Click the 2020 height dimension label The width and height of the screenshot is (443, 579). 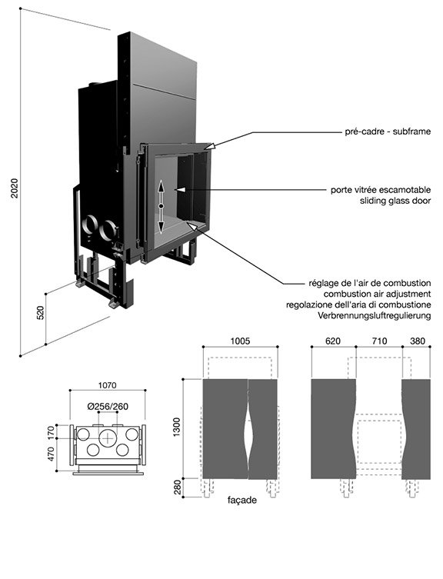coord(15,188)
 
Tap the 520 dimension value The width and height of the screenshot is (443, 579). coord(40,313)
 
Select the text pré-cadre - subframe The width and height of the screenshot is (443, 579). coord(388,131)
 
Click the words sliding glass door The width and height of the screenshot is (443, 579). coord(395,201)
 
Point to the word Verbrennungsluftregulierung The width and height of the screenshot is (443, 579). coord(375,315)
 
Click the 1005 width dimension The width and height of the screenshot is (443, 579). coord(240,341)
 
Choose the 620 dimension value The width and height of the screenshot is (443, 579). coord(333,341)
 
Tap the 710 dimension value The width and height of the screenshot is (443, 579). coord(379,341)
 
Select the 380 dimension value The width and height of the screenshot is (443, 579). coord(418,341)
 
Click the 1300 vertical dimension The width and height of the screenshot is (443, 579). coord(177,427)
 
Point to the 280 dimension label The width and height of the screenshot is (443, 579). coord(178,487)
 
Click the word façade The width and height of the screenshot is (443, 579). coord(242,501)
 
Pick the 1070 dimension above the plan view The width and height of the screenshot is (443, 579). coord(107,385)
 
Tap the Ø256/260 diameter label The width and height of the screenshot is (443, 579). coord(108,407)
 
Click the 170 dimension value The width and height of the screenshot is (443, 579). coord(51,431)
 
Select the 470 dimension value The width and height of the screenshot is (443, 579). coord(51,454)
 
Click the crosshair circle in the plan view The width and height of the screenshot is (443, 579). coord(108,438)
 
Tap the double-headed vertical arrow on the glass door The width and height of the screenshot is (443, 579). coord(161,206)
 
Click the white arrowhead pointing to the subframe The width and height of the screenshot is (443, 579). coord(209,147)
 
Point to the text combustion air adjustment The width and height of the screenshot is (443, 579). coord(377,294)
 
